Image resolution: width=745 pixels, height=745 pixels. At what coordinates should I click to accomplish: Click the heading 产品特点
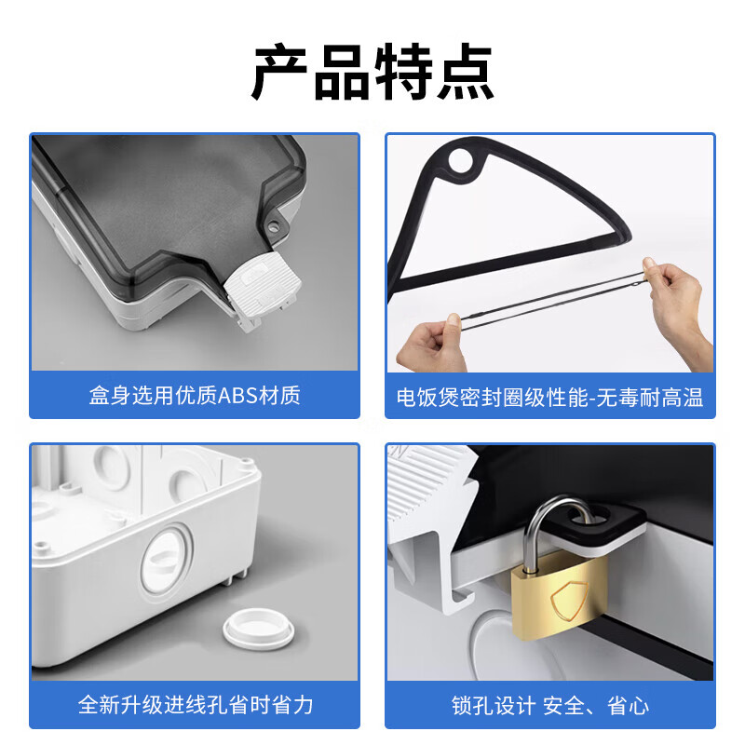click(x=372, y=73)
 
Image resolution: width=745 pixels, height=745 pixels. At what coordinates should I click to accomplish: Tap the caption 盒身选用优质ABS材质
click(x=195, y=396)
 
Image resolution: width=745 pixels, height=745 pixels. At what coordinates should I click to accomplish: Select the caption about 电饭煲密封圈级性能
click(x=549, y=398)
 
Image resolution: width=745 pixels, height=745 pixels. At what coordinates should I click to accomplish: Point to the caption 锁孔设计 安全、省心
click(x=549, y=705)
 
